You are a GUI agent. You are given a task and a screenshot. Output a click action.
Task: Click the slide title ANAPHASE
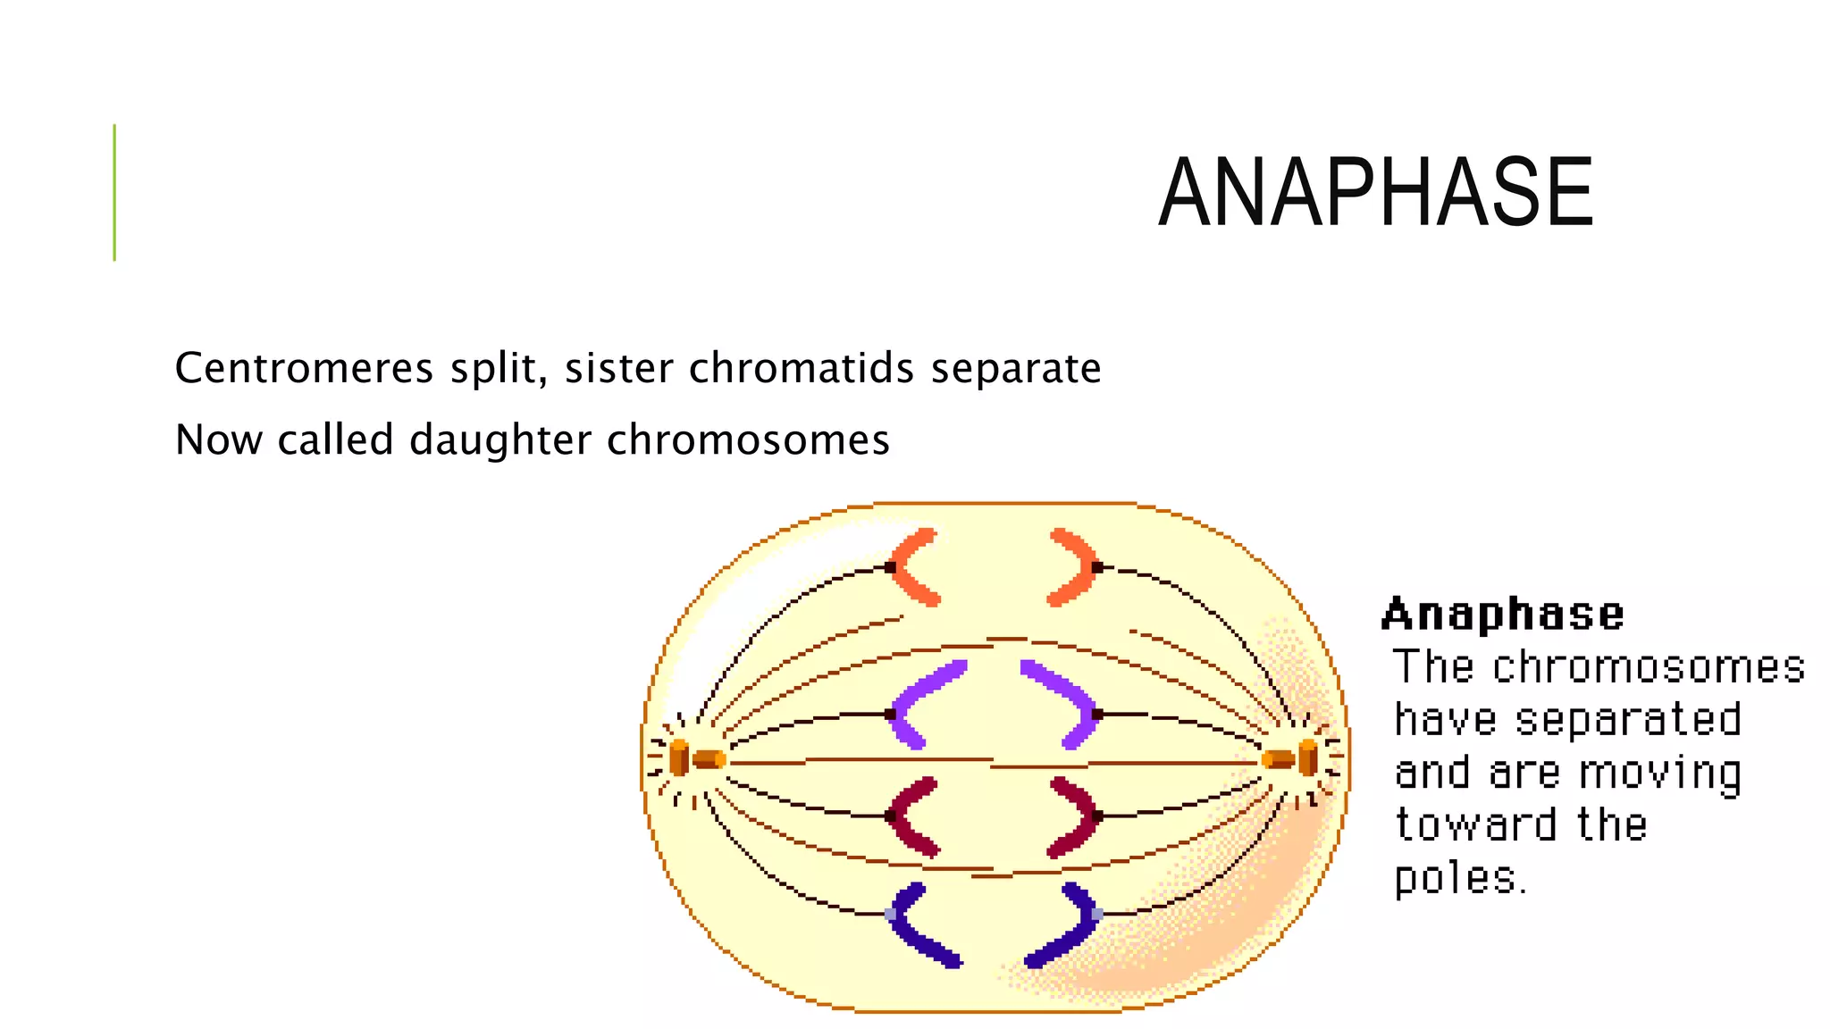1375,192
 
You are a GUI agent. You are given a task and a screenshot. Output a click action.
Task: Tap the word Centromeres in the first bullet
305,368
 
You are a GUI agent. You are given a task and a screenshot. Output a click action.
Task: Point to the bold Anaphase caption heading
1502,615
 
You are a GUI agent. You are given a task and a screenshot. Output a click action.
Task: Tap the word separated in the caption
1628,720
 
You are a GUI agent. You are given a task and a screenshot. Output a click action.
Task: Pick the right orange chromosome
1076,567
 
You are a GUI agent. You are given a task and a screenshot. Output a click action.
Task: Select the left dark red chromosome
910,816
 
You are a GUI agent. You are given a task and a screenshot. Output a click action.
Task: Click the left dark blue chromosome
916,924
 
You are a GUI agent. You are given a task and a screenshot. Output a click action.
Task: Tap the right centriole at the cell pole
1292,759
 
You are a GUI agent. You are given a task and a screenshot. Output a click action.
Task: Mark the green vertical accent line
114,192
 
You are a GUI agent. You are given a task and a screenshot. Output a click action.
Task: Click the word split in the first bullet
499,368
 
